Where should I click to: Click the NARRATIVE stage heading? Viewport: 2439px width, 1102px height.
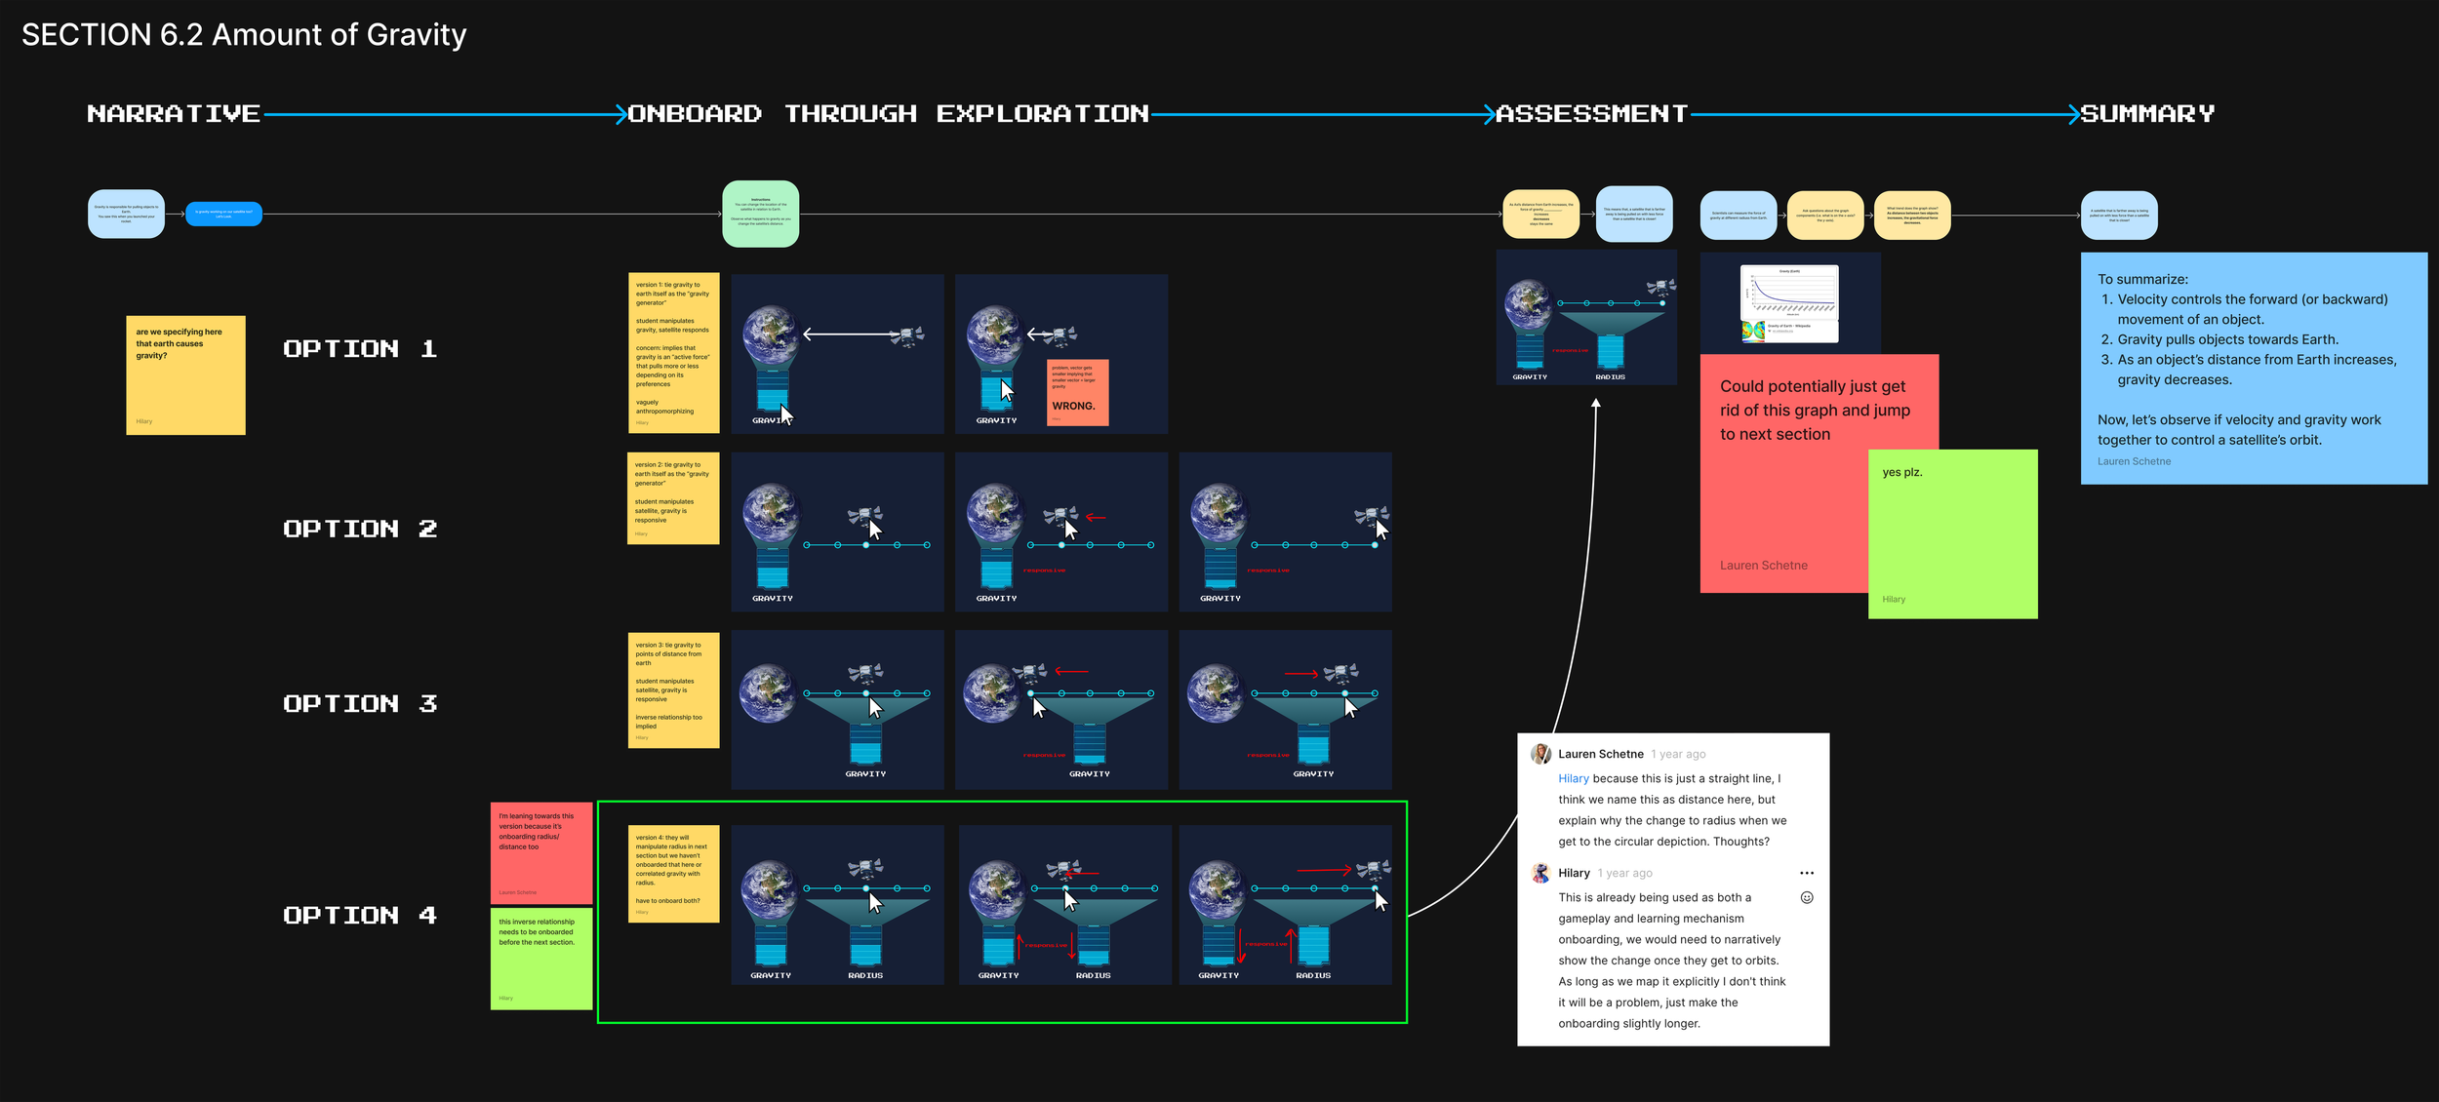pyautogui.click(x=174, y=114)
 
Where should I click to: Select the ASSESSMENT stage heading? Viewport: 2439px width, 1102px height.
pyautogui.click(x=1591, y=114)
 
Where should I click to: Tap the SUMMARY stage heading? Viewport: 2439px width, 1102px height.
pyautogui.click(x=2147, y=114)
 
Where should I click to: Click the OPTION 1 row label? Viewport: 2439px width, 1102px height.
pyautogui.click(x=360, y=349)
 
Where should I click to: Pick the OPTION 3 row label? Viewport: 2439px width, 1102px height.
pyautogui.click(x=360, y=704)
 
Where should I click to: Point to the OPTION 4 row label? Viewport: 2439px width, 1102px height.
pyautogui.click(x=360, y=916)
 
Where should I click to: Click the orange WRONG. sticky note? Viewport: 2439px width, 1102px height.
pyautogui.click(x=1077, y=393)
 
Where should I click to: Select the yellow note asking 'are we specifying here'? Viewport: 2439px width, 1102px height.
pyautogui.click(x=185, y=374)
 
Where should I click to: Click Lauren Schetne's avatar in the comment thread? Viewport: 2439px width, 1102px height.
pyautogui.click(x=1540, y=754)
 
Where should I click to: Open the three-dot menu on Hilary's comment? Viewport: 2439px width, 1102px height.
pyautogui.click(x=1806, y=873)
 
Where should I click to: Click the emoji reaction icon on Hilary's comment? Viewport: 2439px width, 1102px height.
pyautogui.click(x=1806, y=897)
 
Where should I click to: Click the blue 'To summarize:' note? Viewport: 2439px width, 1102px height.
pyautogui.click(x=2253, y=368)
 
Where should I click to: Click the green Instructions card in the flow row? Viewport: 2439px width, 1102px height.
pyautogui.click(x=760, y=214)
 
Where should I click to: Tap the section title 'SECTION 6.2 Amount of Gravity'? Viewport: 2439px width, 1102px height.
pyautogui.click(x=244, y=35)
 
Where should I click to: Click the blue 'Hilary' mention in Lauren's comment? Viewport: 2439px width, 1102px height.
pyautogui.click(x=1573, y=778)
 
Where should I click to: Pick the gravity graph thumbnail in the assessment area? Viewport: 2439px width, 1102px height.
pyautogui.click(x=1788, y=303)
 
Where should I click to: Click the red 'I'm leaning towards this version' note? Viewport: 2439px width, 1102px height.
pyautogui.click(x=540, y=852)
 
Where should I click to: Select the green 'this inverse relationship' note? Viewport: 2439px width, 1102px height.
pyautogui.click(x=540, y=959)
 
